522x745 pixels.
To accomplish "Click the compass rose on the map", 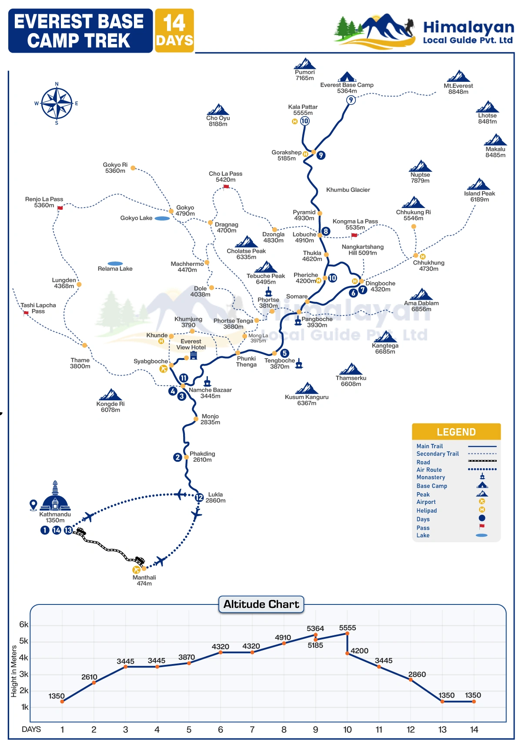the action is pos(57,103).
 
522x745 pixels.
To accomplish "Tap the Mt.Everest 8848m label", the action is pos(458,89).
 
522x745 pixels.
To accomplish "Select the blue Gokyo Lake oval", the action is pos(162,218).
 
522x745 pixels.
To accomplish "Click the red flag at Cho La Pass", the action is pos(226,187).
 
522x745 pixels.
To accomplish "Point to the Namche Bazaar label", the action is pos(210,393).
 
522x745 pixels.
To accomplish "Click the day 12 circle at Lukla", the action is pos(199,497).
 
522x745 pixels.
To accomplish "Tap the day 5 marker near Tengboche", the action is pos(284,353).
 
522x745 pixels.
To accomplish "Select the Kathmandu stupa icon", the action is pos(55,496).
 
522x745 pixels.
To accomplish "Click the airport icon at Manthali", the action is pos(136,570).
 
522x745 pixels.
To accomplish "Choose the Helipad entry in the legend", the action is pos(426,510).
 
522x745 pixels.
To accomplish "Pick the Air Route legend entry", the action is pos(429,470).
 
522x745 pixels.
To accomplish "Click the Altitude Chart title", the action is pos(261,604).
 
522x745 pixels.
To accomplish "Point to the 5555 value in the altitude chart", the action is pos(347,628).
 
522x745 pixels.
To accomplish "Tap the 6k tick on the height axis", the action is pos(23,624).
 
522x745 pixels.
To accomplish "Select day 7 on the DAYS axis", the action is pos(252,729).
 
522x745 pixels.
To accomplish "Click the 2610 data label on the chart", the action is pos(89,677).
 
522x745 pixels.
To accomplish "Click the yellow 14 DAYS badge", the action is pos(174,30).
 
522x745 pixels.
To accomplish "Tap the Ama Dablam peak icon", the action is pos(421,294).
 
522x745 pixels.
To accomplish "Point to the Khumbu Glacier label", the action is pos(348,190).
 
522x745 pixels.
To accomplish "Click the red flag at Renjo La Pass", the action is pos(60,208).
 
